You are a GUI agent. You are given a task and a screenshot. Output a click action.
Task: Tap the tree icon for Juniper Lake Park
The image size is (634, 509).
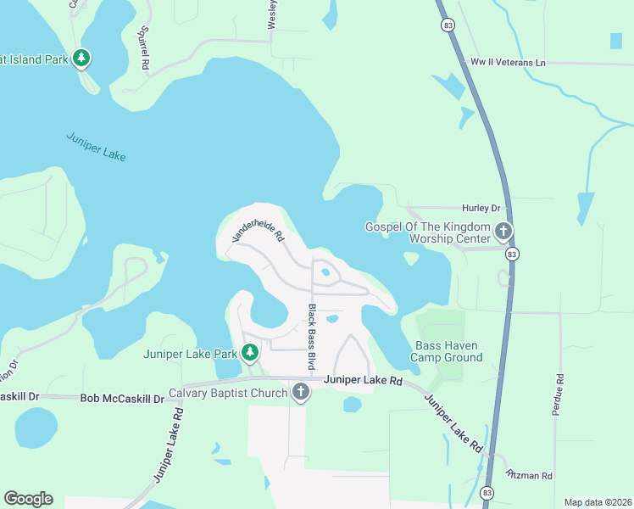[x=250, y=353]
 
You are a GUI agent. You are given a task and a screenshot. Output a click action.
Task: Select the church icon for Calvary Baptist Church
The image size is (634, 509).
[x=300, y=392]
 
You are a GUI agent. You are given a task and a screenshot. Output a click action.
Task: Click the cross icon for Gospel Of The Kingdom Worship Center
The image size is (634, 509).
[x=503, y=231]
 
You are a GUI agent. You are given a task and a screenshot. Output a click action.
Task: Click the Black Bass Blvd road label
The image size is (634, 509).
[x=312, y=337]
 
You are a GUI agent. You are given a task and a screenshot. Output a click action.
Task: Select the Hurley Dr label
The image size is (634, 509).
[x=481, y=208]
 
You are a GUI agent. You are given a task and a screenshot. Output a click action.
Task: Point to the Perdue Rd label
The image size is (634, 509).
[x=559, y=394]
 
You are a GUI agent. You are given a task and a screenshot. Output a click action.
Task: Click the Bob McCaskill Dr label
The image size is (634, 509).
[x=122, y=398]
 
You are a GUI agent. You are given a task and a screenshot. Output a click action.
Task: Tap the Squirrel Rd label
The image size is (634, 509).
[x=144, y=53]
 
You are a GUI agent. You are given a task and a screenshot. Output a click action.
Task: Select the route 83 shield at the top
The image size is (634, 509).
[x=446, y=25]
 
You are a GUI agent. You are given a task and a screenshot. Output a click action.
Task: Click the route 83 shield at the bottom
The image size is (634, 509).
[x=487, y=493]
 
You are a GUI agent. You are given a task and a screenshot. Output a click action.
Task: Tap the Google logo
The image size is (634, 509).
[x=28, y=499]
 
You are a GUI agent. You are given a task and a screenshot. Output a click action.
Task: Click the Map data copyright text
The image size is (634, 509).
[x=597, y=502]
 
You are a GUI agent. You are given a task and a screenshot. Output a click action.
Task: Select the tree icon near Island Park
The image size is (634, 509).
[x=81, y=59]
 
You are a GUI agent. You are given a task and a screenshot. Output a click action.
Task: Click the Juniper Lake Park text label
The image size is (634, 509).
[x=190, y=354]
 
